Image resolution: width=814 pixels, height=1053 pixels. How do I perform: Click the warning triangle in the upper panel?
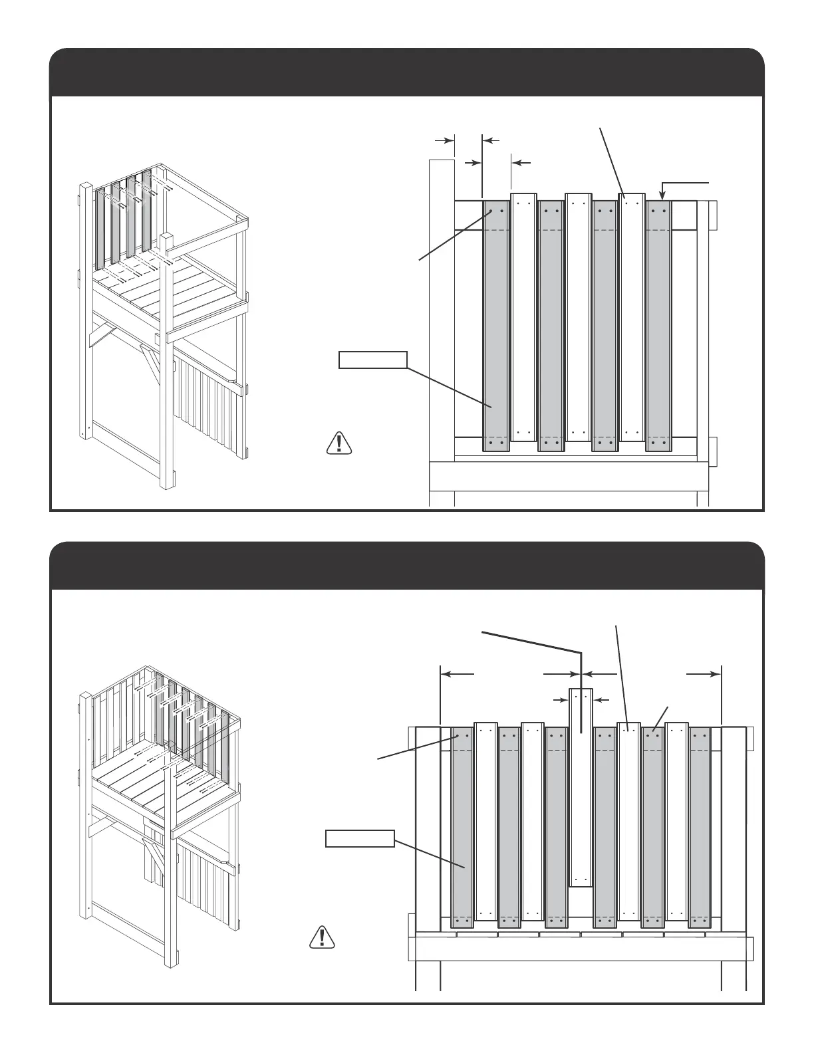click(x=339, y=443)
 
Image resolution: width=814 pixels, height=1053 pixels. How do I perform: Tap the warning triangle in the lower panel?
click(x=323, y=937)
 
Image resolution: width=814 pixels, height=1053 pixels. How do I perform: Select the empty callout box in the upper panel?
click(x=372, y=360)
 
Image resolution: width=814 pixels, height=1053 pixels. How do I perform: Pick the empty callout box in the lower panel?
click(x=360, y=839)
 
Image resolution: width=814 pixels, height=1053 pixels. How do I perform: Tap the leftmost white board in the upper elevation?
click(x=522, y=319)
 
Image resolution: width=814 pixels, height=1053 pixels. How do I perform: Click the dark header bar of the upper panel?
click(x=407, y=73)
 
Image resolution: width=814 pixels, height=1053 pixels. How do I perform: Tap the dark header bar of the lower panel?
click(x=407, y=566)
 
